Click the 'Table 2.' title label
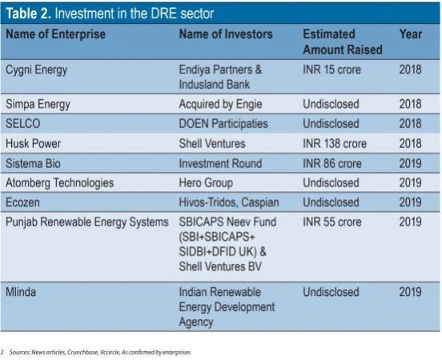point(29,14)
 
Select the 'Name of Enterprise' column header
point(56,34)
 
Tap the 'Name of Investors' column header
point(226,34)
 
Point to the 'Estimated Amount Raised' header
point(343,42)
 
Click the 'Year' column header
point(411,34)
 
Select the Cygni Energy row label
point(36,70)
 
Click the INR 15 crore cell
point(331,70)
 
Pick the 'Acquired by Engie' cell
point(220,105)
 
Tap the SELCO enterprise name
point(23,124)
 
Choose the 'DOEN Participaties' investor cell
point(223,124)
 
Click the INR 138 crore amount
point(335,144)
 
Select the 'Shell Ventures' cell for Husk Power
point(212,144)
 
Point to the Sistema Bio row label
point(33,164)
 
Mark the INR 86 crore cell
point(332,164)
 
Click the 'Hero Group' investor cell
point(206,183)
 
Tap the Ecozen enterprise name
point(22,202)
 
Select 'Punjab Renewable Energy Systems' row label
point(87,222)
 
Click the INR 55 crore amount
point(332,222)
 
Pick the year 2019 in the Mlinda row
point(410,292)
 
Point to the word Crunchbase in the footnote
point(82,352)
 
